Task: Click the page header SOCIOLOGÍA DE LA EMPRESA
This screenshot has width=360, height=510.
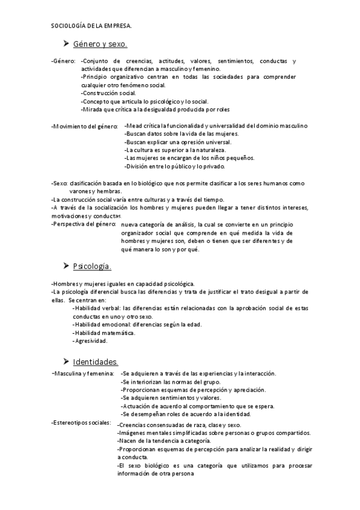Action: (91, 26)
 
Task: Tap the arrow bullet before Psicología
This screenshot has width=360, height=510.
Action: (66, 265)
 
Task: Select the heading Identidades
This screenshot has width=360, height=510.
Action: (95, 361)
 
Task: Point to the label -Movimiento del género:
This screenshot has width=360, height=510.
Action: (85, 126)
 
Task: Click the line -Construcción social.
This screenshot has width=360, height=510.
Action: (108, 93)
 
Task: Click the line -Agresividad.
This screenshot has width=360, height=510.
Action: (90, 341)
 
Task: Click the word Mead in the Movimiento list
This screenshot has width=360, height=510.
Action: (133, 126)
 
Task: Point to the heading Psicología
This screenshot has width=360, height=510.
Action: (92, 266)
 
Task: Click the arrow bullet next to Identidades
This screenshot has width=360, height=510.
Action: (66, 361)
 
